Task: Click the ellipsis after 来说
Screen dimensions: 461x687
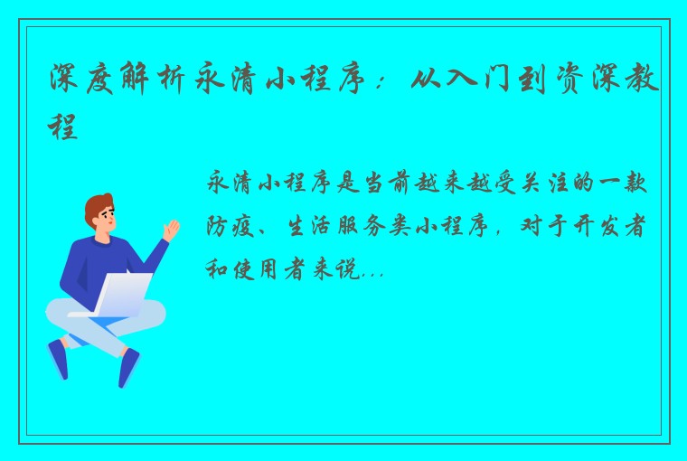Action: tap(372, 271)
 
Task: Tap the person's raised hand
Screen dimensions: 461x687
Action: tap(169, 228)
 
